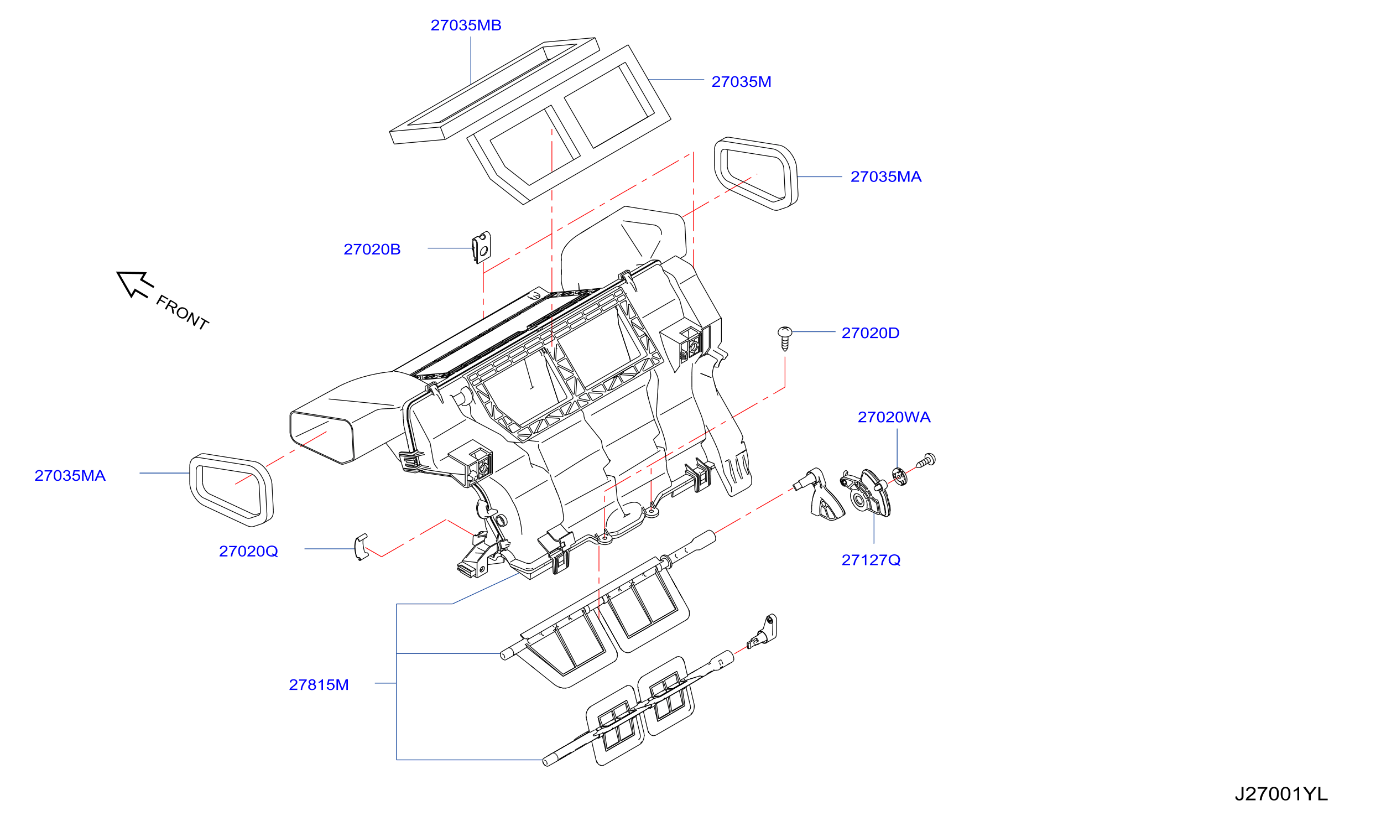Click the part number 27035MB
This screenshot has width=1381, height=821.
(466, 25)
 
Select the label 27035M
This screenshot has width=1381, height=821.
(741, 82)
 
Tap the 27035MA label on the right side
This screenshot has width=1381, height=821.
(886, 177)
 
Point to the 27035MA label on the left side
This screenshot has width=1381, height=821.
(70, 476)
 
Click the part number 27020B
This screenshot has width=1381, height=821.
(372, 250)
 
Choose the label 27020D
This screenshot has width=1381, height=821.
(871, 333)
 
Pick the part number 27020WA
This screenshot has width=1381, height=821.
(894, 417)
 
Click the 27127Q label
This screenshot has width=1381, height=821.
(871, 560)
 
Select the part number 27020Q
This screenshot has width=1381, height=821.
(248, 552)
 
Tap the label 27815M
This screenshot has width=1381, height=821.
(319, 685)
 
